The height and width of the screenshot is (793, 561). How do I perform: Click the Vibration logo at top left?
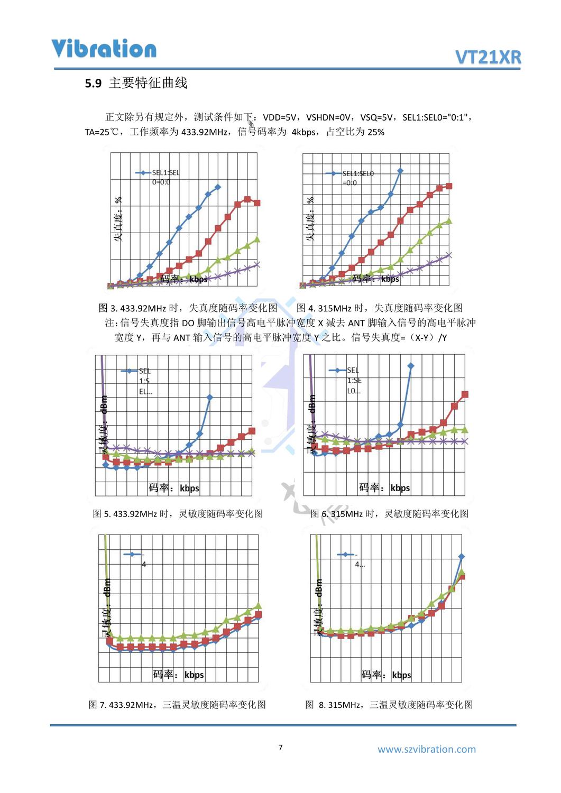point(104,49)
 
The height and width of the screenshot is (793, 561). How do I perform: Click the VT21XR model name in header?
point(488,57)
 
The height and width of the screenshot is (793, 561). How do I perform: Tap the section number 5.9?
point(93,84)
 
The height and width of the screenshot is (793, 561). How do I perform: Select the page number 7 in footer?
point(280,748)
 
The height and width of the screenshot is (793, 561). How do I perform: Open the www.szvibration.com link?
point(426,749)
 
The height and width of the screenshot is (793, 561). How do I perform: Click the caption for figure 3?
point(188,308)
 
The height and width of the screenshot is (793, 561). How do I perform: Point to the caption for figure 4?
point(379,308)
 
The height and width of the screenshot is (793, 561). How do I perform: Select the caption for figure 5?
point(178,513)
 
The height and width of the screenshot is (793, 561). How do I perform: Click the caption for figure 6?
point(389,513)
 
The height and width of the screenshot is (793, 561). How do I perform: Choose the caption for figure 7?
point(177,705)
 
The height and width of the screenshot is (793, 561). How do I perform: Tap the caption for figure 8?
point(389,705)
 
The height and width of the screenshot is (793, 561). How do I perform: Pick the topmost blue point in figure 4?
point(400,171)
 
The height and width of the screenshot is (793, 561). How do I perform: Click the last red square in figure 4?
point(449,186)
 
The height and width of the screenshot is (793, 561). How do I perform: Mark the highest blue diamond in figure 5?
point(210,397)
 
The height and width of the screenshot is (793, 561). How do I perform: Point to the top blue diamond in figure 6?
point(411,366)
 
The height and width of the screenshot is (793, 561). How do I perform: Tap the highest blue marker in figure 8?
point(461,557)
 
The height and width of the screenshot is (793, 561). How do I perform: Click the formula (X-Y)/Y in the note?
point(429,337)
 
